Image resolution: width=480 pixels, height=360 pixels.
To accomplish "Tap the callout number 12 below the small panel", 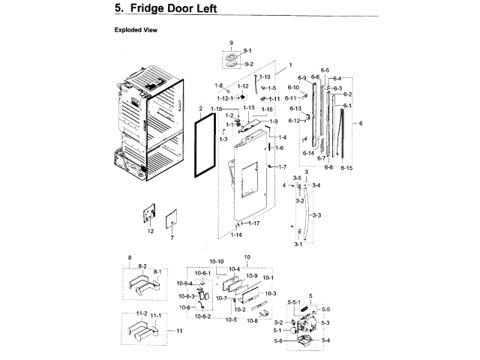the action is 150,231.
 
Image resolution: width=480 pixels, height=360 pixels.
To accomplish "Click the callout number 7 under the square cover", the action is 172,237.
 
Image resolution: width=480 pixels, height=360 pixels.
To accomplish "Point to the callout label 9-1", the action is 247,50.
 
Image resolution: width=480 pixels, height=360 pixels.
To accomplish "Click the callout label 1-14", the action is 236,235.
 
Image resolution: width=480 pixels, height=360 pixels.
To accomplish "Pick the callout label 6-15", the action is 346,168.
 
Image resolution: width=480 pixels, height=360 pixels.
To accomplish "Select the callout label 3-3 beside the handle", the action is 316,215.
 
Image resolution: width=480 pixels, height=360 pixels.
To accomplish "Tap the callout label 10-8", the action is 252,320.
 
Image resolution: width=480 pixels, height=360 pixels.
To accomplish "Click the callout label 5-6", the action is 279,341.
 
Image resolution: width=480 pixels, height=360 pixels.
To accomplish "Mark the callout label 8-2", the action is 142,266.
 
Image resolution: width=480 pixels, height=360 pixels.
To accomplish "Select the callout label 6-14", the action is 309,153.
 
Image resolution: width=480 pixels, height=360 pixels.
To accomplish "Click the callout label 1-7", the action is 282,166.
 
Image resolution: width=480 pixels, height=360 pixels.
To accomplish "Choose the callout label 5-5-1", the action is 294,301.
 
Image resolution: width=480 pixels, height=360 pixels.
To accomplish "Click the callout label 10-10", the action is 216,261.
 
